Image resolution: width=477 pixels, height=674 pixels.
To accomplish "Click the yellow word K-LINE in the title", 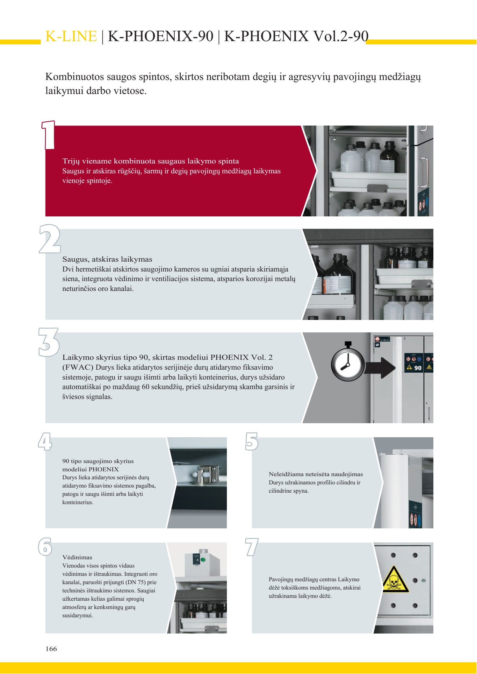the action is (71, 36).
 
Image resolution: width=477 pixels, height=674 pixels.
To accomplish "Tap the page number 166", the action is (51, 649).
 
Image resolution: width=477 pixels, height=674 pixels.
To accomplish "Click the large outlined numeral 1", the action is (49, 135).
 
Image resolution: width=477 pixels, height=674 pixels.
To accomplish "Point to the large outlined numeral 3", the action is (49, 342).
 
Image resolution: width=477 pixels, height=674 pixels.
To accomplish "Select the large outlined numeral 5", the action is (252, 441).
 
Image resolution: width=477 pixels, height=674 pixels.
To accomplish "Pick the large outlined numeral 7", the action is (252, 547).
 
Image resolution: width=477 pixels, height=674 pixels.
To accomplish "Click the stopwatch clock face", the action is (347, 365).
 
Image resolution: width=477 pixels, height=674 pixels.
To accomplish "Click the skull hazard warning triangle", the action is (395, 579).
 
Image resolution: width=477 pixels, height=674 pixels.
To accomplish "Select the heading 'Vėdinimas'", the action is (77, 557).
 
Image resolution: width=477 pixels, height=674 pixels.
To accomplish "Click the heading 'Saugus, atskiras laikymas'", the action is (107, 259).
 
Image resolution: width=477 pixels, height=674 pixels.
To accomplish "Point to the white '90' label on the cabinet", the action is (418, 368).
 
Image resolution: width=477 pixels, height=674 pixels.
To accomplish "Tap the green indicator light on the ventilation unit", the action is (203, 560).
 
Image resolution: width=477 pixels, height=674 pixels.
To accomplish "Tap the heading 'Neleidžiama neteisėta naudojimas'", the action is (316, 474).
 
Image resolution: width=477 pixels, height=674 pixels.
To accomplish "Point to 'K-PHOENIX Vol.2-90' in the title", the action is (296, 36).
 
